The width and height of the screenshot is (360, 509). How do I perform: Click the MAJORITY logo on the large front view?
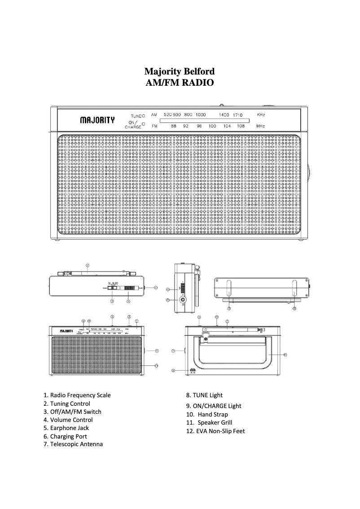point(97,120)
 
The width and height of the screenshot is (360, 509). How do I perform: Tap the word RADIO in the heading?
point(196,83)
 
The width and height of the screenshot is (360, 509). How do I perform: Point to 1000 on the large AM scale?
point(201,115)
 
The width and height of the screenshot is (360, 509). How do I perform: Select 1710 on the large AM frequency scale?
point(237,115)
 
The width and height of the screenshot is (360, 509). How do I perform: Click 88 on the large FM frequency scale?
point(173,126)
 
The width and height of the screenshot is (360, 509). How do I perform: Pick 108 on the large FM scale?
point(241,126)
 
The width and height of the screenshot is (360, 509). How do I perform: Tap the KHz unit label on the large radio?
point(261,115)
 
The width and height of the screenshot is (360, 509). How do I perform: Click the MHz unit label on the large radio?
point(260,126)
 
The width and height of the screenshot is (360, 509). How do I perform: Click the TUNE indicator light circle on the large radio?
point(143,116)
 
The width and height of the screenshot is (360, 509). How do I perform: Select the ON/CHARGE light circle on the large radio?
point(143,123)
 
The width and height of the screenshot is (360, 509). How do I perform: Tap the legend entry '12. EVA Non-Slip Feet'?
point(215,431)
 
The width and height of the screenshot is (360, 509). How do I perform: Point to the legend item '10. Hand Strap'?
point(207,414)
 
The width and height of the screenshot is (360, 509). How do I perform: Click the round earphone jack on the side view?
point(183,299)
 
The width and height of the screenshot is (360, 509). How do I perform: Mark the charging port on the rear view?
point(192,371)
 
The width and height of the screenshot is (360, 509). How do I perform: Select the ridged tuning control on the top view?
point(129,287)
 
